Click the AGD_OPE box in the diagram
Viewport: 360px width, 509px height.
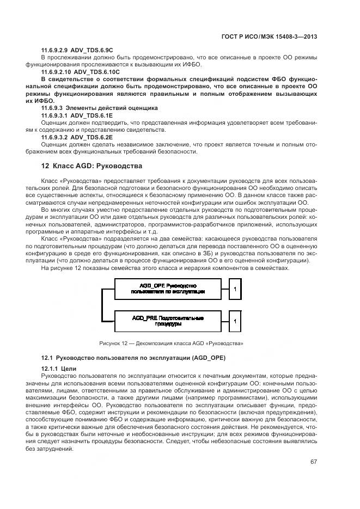pos(168,289)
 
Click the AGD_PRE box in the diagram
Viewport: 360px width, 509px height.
pos(168,321)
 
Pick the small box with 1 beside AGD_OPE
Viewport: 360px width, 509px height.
pos(235,289)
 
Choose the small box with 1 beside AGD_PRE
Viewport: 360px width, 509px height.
pos(235,321)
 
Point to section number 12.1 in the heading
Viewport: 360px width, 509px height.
pos(47,357)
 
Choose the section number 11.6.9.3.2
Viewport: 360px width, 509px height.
pos(57,137)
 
